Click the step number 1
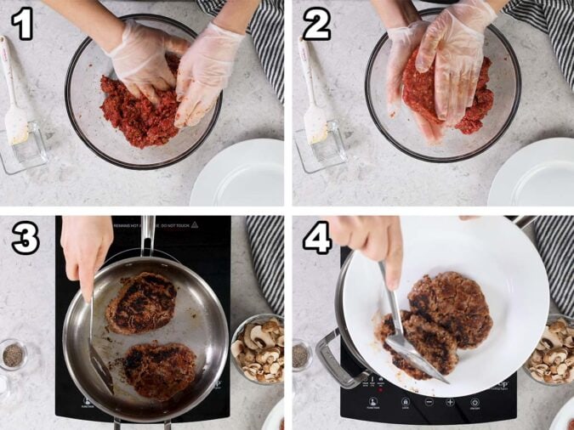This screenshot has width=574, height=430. click(21, 25)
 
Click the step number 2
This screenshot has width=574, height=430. click(315, 25)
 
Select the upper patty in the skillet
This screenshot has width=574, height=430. click(141, 303)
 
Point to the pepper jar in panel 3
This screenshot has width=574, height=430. click(13, 354)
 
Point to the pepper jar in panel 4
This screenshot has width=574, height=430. click(301, 354)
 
